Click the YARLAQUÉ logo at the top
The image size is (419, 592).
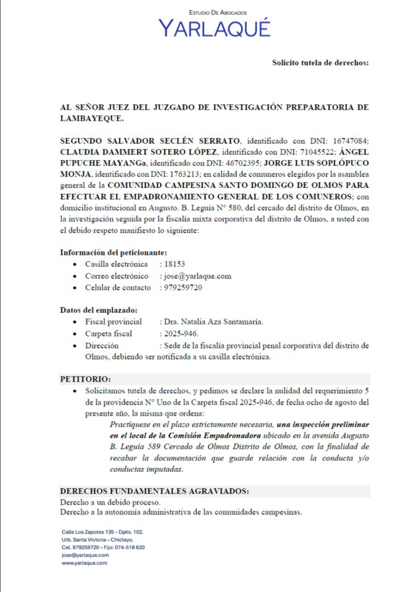214,27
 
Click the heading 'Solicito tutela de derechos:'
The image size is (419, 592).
320,62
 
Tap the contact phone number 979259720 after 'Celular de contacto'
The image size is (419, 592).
183,287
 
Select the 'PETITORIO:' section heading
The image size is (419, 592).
85,379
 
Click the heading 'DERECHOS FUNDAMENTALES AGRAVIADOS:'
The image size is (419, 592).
155,491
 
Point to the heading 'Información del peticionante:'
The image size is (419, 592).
114,253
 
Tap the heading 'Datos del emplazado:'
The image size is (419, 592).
99,310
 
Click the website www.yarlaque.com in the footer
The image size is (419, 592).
84,563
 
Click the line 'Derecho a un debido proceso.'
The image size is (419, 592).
110,502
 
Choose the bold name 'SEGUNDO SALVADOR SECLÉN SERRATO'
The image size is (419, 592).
150,140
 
